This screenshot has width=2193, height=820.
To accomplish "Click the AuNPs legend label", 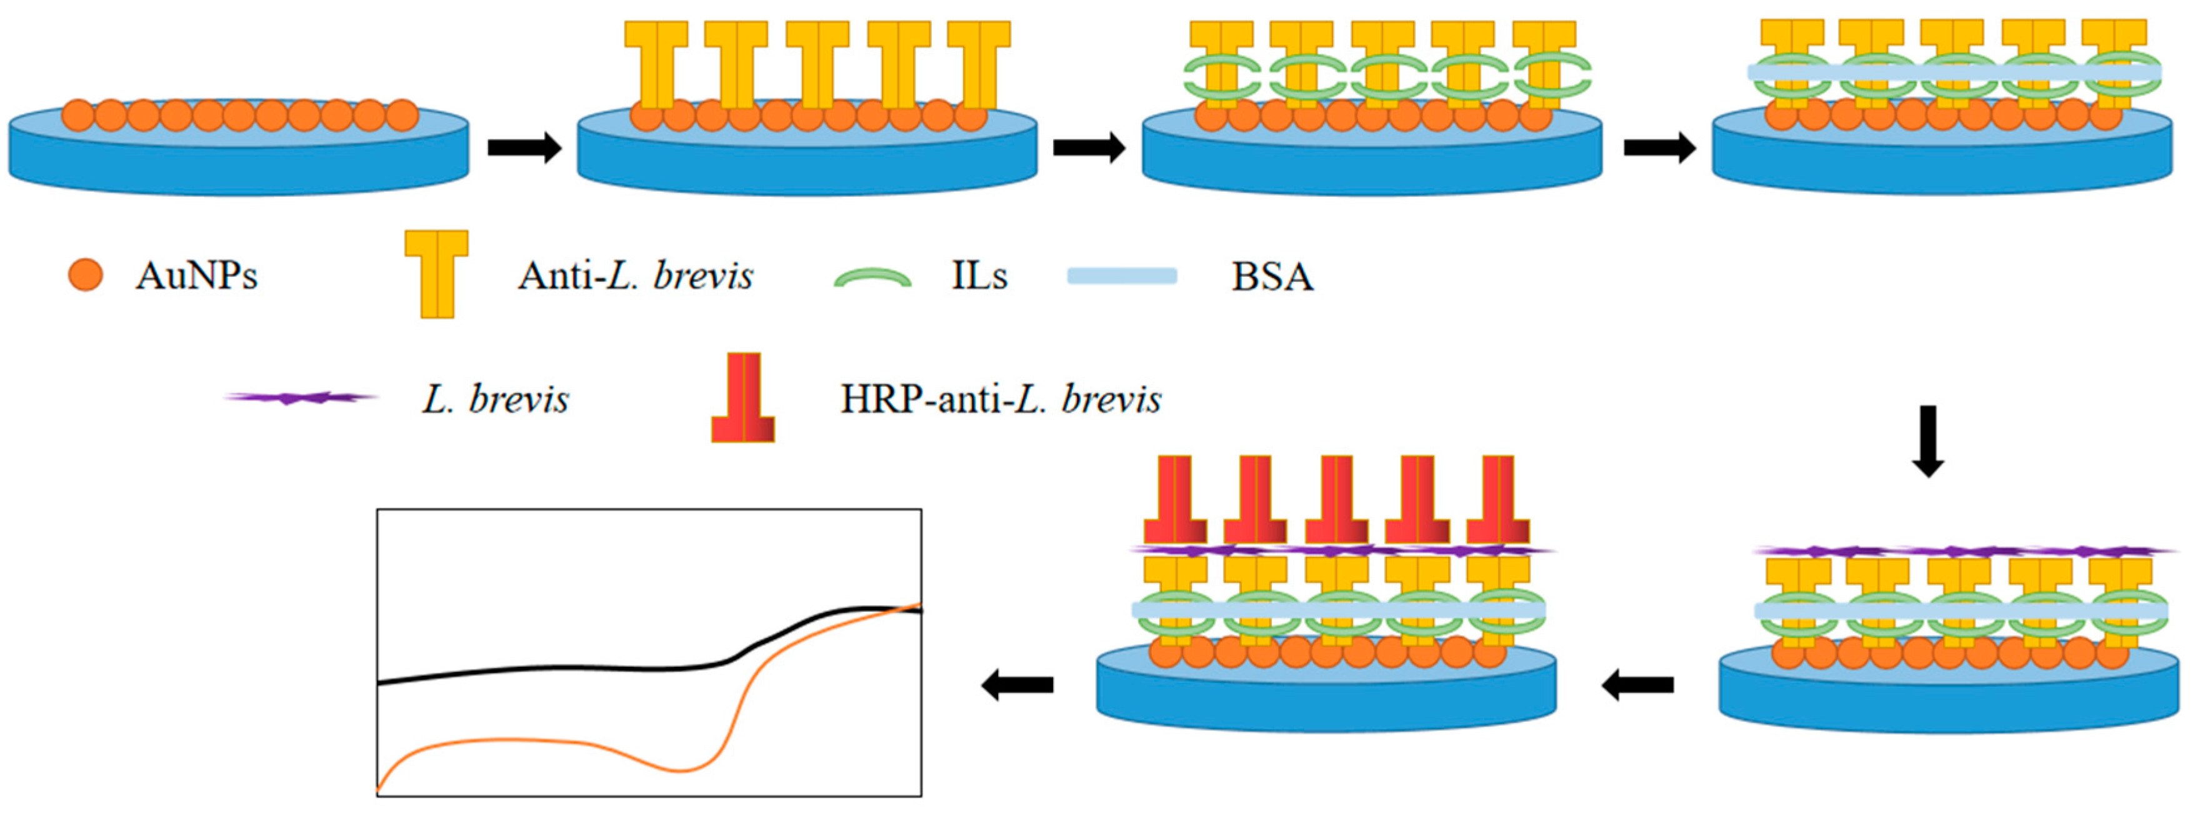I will point(196,276).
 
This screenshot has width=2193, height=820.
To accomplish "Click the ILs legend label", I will point(979,276).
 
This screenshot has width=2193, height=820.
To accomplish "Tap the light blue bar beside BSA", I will point(1122,276).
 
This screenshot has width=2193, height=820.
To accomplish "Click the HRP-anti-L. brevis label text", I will point(1001,399).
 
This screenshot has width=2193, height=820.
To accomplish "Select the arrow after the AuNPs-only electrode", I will point(524,148).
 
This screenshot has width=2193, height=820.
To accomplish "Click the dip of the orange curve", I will point(681,770).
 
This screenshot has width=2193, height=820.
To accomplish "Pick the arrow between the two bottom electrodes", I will point(1638,684).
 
